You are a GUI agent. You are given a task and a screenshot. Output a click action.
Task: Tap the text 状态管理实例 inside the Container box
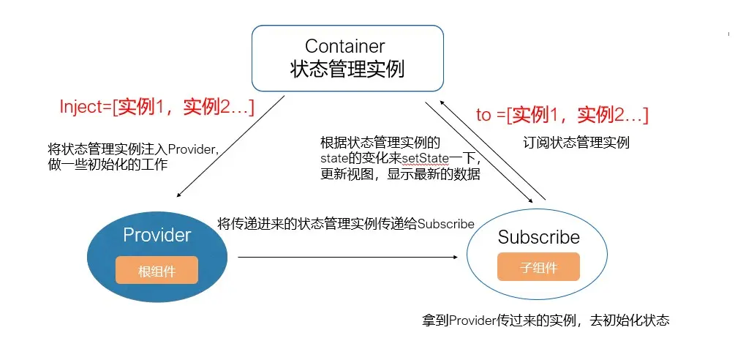347,70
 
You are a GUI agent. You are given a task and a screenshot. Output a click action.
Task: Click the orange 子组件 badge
538,267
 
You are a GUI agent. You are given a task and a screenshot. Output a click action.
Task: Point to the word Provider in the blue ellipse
157,235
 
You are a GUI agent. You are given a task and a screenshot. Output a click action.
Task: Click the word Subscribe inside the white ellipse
538,237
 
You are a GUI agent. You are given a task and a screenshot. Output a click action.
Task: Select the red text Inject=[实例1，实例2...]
157,107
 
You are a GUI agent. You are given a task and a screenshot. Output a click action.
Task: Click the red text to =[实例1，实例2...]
562,115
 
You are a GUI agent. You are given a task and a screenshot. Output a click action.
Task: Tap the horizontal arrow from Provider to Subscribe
351,257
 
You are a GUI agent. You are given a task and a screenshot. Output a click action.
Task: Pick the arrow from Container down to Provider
230,146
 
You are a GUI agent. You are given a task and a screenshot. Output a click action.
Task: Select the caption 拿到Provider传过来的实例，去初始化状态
545,320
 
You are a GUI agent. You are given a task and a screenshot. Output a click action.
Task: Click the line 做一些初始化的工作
107,165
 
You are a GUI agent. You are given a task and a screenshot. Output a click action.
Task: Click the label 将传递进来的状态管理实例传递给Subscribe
346,224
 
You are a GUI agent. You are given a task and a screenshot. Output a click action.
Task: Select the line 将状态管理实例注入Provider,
133,149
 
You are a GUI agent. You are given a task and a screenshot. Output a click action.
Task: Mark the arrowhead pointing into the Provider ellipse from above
179,195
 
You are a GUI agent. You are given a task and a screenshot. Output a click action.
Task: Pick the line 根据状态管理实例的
380,142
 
